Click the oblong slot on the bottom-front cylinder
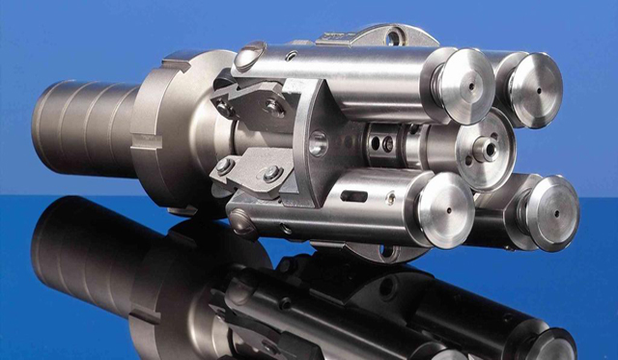[353, 197]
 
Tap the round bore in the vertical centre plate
[318, 146]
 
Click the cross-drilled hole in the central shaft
[386, 145]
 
